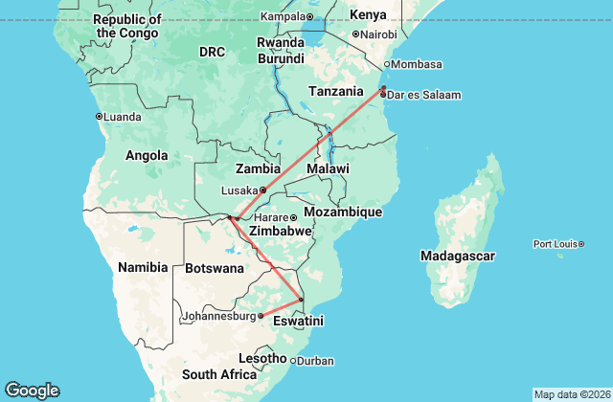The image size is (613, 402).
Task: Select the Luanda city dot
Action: [99, 117]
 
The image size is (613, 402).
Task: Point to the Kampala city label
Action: [283, 16]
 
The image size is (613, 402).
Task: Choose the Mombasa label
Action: [417, 64]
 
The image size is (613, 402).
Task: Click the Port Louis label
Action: [555, 244]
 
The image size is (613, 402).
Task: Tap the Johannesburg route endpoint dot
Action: [261, 315]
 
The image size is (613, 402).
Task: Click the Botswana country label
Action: [215, 268]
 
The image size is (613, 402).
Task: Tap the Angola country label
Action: [147, 155]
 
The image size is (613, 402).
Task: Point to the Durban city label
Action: [316, 361]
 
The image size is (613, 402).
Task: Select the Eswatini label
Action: [299, 322]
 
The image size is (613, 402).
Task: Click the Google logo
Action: [32, 391]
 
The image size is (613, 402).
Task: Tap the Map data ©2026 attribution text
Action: [571, 394]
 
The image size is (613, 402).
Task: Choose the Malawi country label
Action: [327, 168]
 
